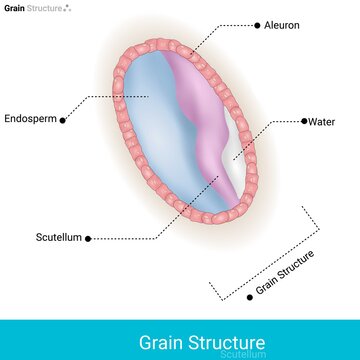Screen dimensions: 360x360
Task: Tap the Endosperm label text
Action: [29, 116]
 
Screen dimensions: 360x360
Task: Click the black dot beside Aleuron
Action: [258, 23]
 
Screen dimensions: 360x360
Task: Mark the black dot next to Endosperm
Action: [64, 117]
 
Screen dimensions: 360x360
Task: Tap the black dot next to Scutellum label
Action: [88, 238]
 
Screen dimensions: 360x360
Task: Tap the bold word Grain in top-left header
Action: [13, 7]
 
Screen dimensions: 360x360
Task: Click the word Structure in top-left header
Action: [43, 7]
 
